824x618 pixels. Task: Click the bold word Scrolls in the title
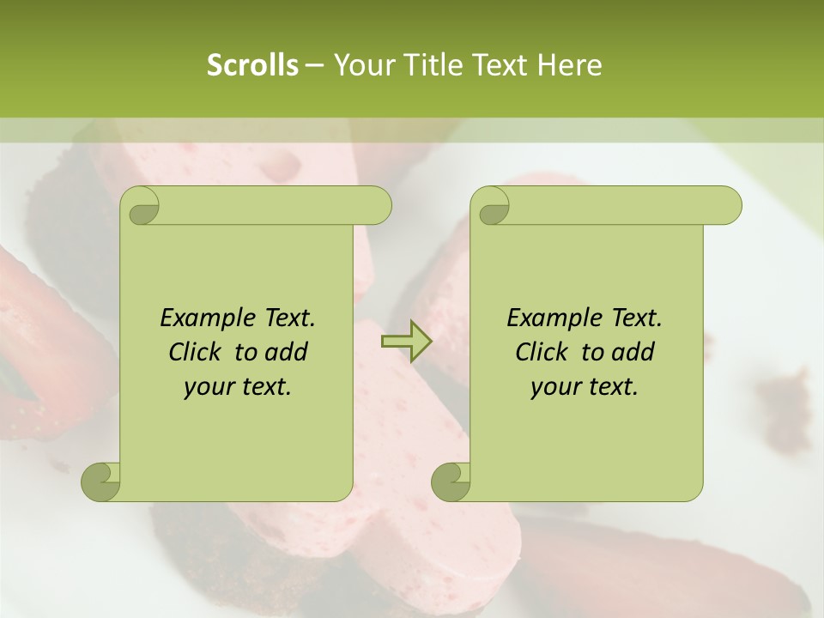[252, 65]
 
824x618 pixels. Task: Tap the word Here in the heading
[569, 65]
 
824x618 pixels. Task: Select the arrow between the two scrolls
[407, 342]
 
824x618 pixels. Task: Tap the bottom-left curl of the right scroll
[451, 481]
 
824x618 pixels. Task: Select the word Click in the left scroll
[195, 352]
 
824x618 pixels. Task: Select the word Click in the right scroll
[542, 352]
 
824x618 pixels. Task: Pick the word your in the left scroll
[205, 387]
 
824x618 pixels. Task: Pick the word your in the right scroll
[552, 387]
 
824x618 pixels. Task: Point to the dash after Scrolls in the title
[314, 66]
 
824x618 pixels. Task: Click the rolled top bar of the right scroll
[618, 205]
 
